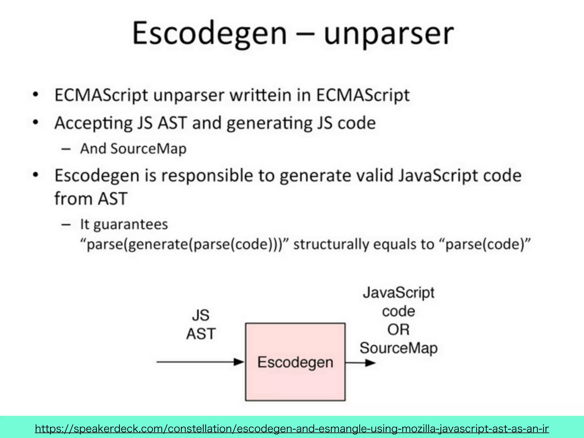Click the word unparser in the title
[x=388, y=34]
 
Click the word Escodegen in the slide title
[x=209, y=34]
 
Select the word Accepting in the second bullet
[x=93, y=123]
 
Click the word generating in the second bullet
[x=269, y=123]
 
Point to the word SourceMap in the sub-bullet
[x=148, y=149]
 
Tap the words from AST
[x=91, y=198]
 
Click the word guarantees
[x=130, y=224]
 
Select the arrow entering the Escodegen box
[x=200, y=362]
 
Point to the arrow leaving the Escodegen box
[x=360, y=363]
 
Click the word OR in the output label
[x=398, y=330]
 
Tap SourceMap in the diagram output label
[x=398, y=348]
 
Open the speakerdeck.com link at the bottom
[x=292, y=428]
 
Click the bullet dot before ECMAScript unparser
[x=36, y=95]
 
